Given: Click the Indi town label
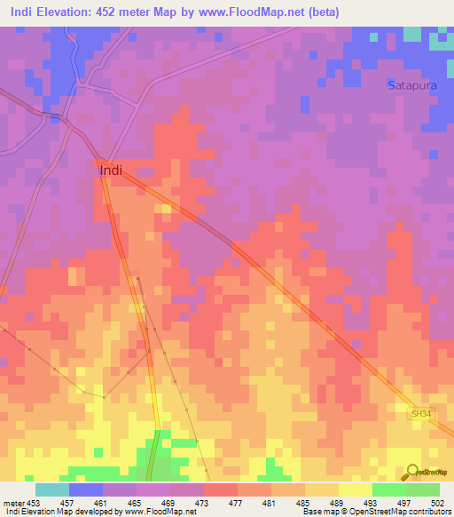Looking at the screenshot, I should pyautogui.click(x=111, y=170).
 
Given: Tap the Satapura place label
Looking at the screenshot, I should pyautogui.click(x=411, y=85).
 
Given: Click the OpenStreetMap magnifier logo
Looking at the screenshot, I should pyautogui.click(x=412, y=472).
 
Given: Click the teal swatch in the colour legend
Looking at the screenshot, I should pyautogui.click(x=51, y=489).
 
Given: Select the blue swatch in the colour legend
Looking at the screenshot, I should pyautogui.click(x=86, y=489).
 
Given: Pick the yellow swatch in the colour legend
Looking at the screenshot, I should pyautogui.click(x=355, y=489).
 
